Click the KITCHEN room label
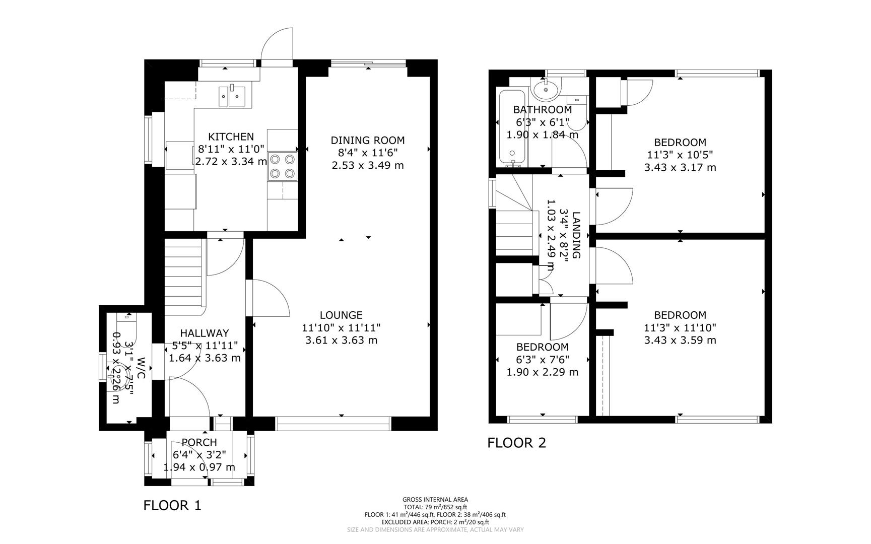pos(231,137)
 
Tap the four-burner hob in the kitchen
pos(282,166)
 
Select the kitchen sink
pos(232,96)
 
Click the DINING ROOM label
pos(367,141)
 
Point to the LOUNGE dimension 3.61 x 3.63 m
pos(341,340)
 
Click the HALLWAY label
pos(205,333)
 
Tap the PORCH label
pos(199,442)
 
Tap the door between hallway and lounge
pos(270,298)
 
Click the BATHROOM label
pos(542,109)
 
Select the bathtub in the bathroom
pos(512,128)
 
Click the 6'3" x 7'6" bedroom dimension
pos(542,360)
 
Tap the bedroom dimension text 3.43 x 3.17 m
pos(680,167)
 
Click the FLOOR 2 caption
pos(516,443)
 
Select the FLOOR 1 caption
pos(172,505)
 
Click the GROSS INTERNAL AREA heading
pos(435,500)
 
